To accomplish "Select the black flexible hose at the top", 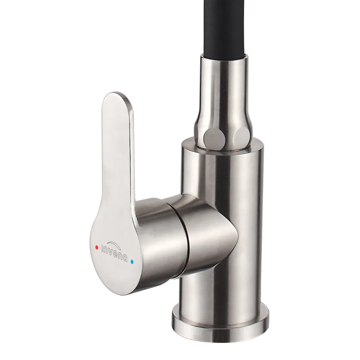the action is click(x=225, y=27).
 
